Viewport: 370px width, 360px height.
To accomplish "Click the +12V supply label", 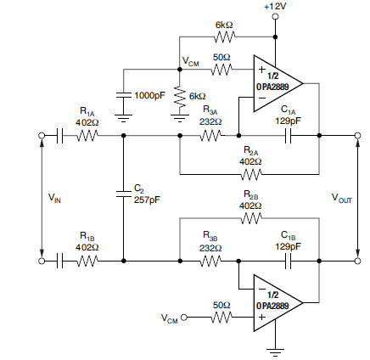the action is [x=275, y=6].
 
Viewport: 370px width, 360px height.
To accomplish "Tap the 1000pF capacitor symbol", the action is [x=123, y=95].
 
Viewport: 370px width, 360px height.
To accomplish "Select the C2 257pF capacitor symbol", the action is [x=123, y=194].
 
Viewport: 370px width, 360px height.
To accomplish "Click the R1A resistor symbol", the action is [x=87, y=136].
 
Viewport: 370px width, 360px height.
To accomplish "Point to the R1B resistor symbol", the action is [x=87, y=261].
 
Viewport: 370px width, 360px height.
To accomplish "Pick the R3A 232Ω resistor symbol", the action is [x=210, y=136].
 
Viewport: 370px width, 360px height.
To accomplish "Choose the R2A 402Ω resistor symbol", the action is [x=251, y=174].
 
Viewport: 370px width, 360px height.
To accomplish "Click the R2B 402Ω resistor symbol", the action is [x=251, y=218].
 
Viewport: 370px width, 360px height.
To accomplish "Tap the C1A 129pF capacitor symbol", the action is [x=288, y=136].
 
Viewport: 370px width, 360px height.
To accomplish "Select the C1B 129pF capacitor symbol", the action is [x=288, y=261].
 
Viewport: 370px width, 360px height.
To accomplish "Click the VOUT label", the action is [x=342, y=198].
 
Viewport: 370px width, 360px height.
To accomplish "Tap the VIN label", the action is [x=54, y=198].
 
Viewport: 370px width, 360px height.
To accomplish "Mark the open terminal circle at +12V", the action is [x=275, y=16].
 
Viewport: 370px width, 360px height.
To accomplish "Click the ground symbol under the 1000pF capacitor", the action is [x=123, y=118].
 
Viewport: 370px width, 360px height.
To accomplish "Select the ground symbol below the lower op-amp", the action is [x=275, y=352].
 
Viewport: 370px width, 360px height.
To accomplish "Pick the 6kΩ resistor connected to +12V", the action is [x=224, y=37].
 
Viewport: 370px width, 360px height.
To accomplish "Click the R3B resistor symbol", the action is [x=210, y=261].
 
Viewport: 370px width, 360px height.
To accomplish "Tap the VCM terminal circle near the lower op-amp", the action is [x=184, y=318].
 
